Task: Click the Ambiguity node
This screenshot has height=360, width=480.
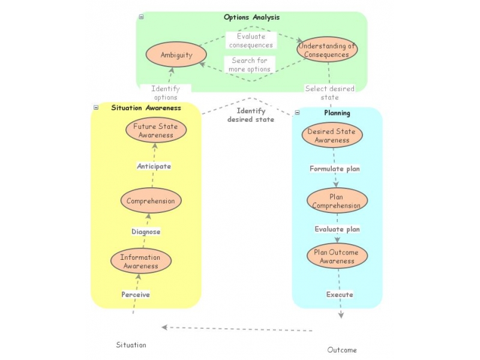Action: click(x=176, y=55)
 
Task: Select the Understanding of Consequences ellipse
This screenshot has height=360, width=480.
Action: click(x=327, y=50)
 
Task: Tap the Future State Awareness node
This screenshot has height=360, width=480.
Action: click(x=156, y=130)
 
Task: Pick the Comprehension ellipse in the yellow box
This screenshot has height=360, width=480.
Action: click(x=151, y=201)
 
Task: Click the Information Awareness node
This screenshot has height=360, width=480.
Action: click(x=141, y=262)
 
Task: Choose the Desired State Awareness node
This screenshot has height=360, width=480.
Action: click(x=332, y=136)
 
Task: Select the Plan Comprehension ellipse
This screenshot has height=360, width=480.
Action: click(x=337, y=200)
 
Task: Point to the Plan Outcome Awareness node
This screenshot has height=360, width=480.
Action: click(x=337, y=256)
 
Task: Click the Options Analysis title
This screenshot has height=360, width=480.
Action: click(x=251, y=17)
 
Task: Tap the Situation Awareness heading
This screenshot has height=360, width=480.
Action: click(x=146, y=108)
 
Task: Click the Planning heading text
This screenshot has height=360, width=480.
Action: click(x=337, y=113)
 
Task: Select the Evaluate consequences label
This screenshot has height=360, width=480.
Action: click(x=251, y=41)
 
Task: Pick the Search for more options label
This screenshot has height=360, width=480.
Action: click(x=250, y=65)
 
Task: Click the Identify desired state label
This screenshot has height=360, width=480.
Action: click(x=251, y=115)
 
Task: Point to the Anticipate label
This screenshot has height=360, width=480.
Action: click(x=154, y=166)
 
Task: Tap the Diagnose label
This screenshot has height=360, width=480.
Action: click(x=146, y=232)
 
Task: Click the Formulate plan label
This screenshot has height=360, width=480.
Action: click(x=335, y=169)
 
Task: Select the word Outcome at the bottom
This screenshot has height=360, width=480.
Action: click(x=342, y=350)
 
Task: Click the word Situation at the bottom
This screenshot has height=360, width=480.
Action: click(x=131, y=345)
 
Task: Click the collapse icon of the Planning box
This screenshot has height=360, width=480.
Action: click(x=298, y=112)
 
